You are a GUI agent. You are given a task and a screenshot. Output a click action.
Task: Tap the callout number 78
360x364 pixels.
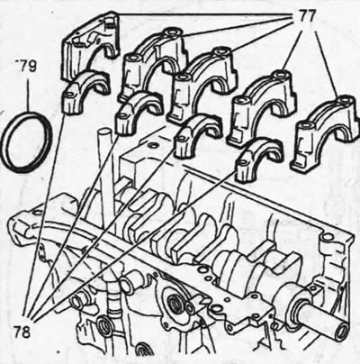click(x=22, y=332)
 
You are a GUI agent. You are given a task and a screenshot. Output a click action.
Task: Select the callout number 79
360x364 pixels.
click(x=26, y=66)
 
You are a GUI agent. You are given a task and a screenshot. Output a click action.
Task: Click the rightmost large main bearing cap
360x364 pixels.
click(x=326, y=133)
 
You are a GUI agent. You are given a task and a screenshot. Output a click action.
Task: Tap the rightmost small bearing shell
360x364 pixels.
click(x=259, y=159)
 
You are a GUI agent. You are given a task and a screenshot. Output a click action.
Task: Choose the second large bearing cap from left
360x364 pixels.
click(x=153, y=65)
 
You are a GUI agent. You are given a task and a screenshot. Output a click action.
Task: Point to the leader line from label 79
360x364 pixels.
click(x=28, y=93)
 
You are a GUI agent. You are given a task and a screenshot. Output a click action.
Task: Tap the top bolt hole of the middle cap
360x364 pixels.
click(x=222, y=51)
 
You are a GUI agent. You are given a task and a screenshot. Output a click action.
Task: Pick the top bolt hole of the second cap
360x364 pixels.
click(x=173, y=32)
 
